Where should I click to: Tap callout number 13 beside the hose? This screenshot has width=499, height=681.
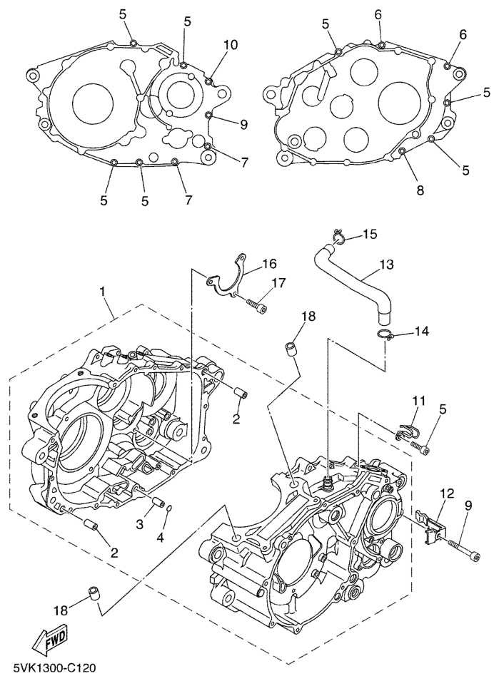point(386,265)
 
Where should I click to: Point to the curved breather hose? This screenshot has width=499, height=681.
point(353,275)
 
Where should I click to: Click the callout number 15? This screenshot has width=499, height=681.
point(371,234)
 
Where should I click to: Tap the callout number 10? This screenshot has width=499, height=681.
point(230,45)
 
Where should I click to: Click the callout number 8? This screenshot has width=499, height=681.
point(420,190)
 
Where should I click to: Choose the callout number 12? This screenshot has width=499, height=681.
point(446,493)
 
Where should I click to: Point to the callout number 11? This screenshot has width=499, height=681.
point(418,402)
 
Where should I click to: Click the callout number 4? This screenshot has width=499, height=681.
point(160,537)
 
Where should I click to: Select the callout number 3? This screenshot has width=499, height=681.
point(140,524)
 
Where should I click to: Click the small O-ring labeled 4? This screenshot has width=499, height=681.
point(168,508)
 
